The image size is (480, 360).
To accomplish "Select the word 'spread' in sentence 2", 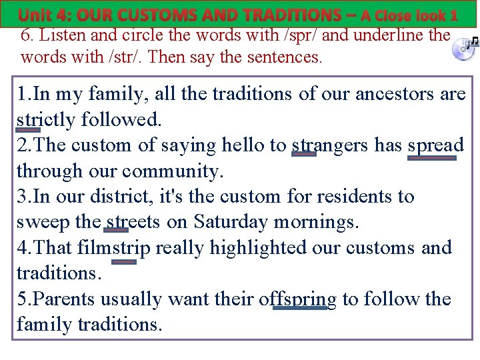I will coord(435,145).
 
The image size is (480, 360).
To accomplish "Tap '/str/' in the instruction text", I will coord(105,57).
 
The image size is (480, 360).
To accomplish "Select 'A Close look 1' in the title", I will coord(409,15).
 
